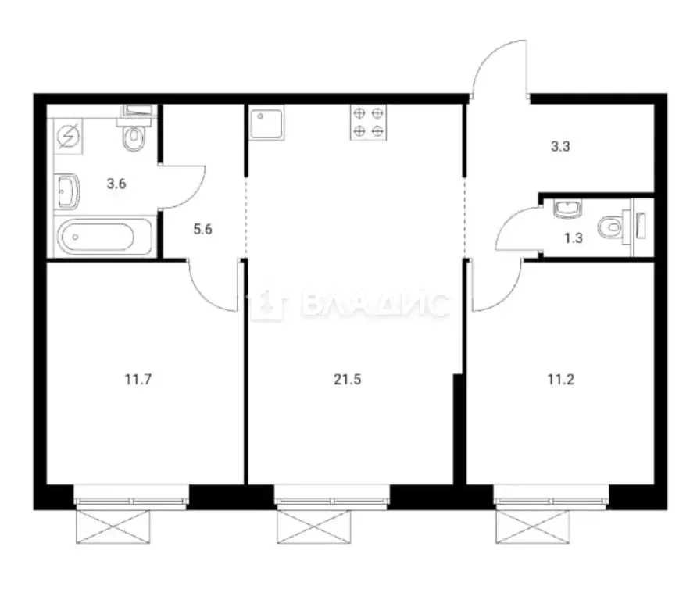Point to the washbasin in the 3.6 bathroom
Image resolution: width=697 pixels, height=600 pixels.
point(68,191)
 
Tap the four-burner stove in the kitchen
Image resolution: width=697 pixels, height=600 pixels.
point(368,122)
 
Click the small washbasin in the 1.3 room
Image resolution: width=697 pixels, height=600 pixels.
point(563,208)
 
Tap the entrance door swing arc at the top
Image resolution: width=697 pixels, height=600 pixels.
point(499,66)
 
